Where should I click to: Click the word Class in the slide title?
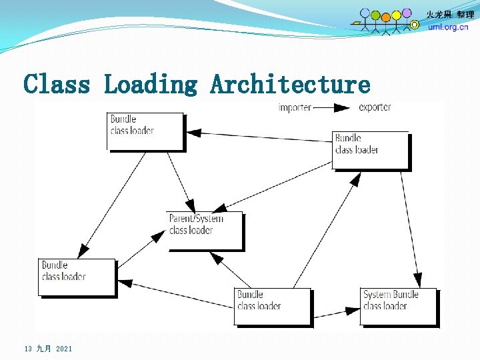pos(56,85)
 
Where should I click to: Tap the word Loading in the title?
pos(151,85)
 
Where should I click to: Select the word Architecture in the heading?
pos(290,85)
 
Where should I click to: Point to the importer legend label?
pos(295,108)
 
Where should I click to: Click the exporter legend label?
pos(375,107)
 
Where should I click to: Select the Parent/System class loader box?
pos(204,230)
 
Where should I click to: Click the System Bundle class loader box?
pos(398,306)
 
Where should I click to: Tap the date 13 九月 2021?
pos(48,349)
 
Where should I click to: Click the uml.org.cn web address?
pos(448,27)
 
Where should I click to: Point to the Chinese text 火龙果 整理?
pos(451,15)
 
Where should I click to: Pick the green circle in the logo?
pos(375,15)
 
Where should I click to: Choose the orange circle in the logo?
pos(385,16)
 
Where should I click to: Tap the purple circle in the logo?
pos(407,13)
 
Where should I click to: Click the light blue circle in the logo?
pos(365,13)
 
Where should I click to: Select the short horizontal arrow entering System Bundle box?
pos(336,311)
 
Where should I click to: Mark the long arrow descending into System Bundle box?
pos(409,227)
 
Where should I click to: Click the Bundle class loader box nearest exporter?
pos(371,150)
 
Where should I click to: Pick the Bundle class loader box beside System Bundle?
pos(272,306)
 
